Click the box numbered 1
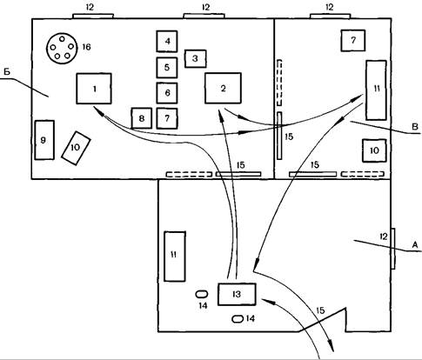coord(94,89)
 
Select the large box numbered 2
coord(223,88)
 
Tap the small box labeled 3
coord(196,58)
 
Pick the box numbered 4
coord(167,42)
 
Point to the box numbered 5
coord(167,68)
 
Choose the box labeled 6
coord(167,93)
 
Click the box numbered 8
coord(142,118)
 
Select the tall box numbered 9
coord(44,140)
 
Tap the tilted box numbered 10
coord(76,148)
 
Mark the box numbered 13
coord(237,294)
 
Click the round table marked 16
coord(63,47)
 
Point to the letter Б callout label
coord(7,72)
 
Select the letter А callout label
coord(415,245)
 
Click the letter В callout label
coord(415,127)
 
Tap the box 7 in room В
coord(353,41)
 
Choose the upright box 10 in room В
coord(374,150)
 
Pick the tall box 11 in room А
coord(175,257)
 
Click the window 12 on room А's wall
coord(393,249)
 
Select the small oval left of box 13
coord(202,294)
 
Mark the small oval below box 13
coord(238,319)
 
